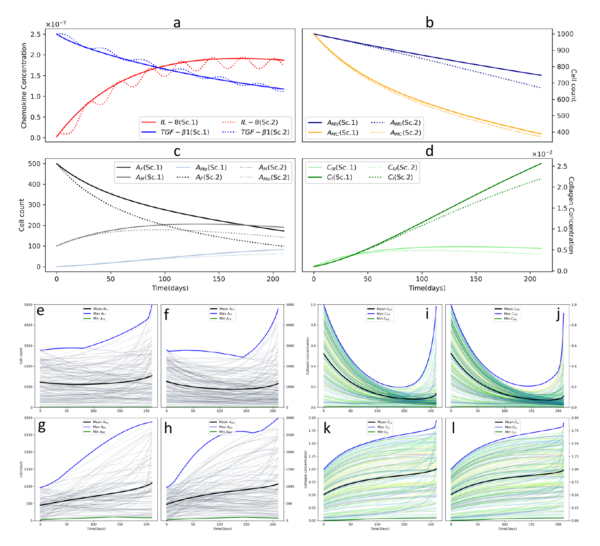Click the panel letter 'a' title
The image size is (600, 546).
pos(177,23)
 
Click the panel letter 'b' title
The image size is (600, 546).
pos(429,23)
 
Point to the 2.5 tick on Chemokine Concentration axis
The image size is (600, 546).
pos(36,34)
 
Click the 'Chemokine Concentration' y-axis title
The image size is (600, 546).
pos(24,86)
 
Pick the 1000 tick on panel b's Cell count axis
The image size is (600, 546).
pos(565,34)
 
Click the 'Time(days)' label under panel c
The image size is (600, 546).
pos(170,288)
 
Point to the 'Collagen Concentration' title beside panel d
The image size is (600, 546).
pos(571,215)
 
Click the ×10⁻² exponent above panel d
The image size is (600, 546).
pos(541,154)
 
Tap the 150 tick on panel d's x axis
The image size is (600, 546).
pos(476,279)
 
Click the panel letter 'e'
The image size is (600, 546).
pos(40,311)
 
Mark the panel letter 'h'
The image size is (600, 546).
pos(168,428)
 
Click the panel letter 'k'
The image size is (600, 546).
pos(327,428)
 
